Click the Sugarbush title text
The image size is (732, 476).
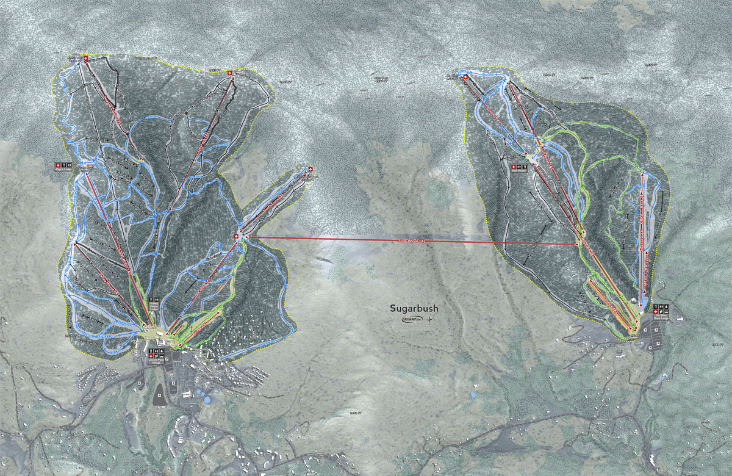pos(414,308)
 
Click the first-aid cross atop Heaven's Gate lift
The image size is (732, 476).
pos(86,59)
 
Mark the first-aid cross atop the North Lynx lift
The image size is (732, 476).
pos(310,169)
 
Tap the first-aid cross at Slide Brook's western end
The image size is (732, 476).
pos(237,236)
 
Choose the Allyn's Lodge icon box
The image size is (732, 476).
pos(64,165)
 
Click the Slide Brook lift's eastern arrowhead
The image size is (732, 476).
pos(576,245)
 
